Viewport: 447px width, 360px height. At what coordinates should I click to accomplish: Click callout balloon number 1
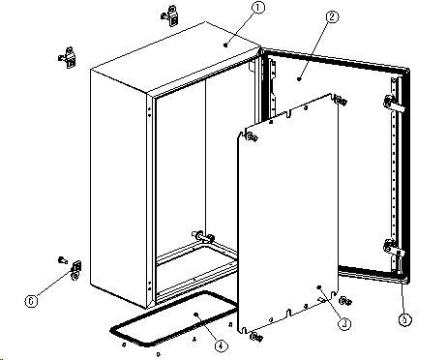(258, 7)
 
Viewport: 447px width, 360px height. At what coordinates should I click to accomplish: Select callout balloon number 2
(332, 16)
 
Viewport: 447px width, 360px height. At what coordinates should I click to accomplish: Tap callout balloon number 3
(344, 323)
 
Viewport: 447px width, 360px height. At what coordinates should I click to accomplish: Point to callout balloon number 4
(221, 345)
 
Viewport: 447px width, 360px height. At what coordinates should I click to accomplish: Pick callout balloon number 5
(405, 319)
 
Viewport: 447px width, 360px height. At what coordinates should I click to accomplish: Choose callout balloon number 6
(31, 301)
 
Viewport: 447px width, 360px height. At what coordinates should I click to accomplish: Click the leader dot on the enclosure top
(225, 45)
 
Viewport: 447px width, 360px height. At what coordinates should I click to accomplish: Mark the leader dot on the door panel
(299, 78)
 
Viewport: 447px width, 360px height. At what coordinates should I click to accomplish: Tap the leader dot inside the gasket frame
(195, 314)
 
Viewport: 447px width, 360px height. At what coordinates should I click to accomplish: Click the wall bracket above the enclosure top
(170, 15)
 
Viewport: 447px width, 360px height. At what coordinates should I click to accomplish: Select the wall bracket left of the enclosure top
(68, 58)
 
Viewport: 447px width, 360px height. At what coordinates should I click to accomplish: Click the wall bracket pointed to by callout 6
(75, 270)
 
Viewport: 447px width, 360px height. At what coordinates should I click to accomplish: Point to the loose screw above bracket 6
(62, 259)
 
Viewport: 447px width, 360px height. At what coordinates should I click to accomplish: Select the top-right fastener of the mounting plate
(342, 101)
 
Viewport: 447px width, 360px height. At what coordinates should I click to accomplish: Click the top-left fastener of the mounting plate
(252, 137)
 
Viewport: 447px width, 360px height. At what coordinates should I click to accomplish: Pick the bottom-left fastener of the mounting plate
(256, 337)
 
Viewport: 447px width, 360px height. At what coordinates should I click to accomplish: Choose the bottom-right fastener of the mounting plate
(345, 301)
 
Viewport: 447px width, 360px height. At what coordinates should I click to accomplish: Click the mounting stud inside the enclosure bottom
(203, 237)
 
